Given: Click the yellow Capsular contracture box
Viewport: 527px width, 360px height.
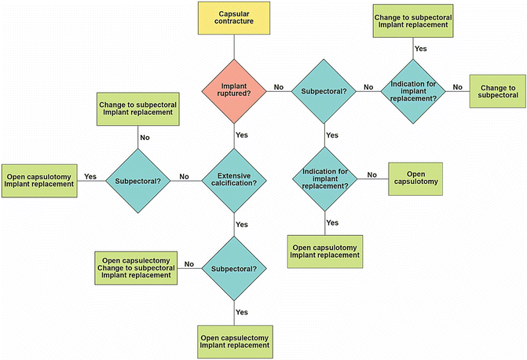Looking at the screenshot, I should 234,18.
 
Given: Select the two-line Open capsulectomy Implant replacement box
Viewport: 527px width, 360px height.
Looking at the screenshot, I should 234,340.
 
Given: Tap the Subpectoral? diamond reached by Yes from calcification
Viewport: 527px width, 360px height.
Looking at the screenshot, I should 234,269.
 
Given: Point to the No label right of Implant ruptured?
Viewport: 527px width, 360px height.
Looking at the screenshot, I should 278,87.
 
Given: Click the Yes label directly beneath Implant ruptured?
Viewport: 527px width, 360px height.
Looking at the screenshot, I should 242,134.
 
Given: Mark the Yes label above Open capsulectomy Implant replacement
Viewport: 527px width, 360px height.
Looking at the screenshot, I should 242,312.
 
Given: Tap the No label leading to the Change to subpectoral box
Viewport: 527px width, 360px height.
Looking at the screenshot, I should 457,87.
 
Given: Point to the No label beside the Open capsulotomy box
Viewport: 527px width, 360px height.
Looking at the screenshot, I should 372,174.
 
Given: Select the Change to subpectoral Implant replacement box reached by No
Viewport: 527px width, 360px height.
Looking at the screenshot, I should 137,109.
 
